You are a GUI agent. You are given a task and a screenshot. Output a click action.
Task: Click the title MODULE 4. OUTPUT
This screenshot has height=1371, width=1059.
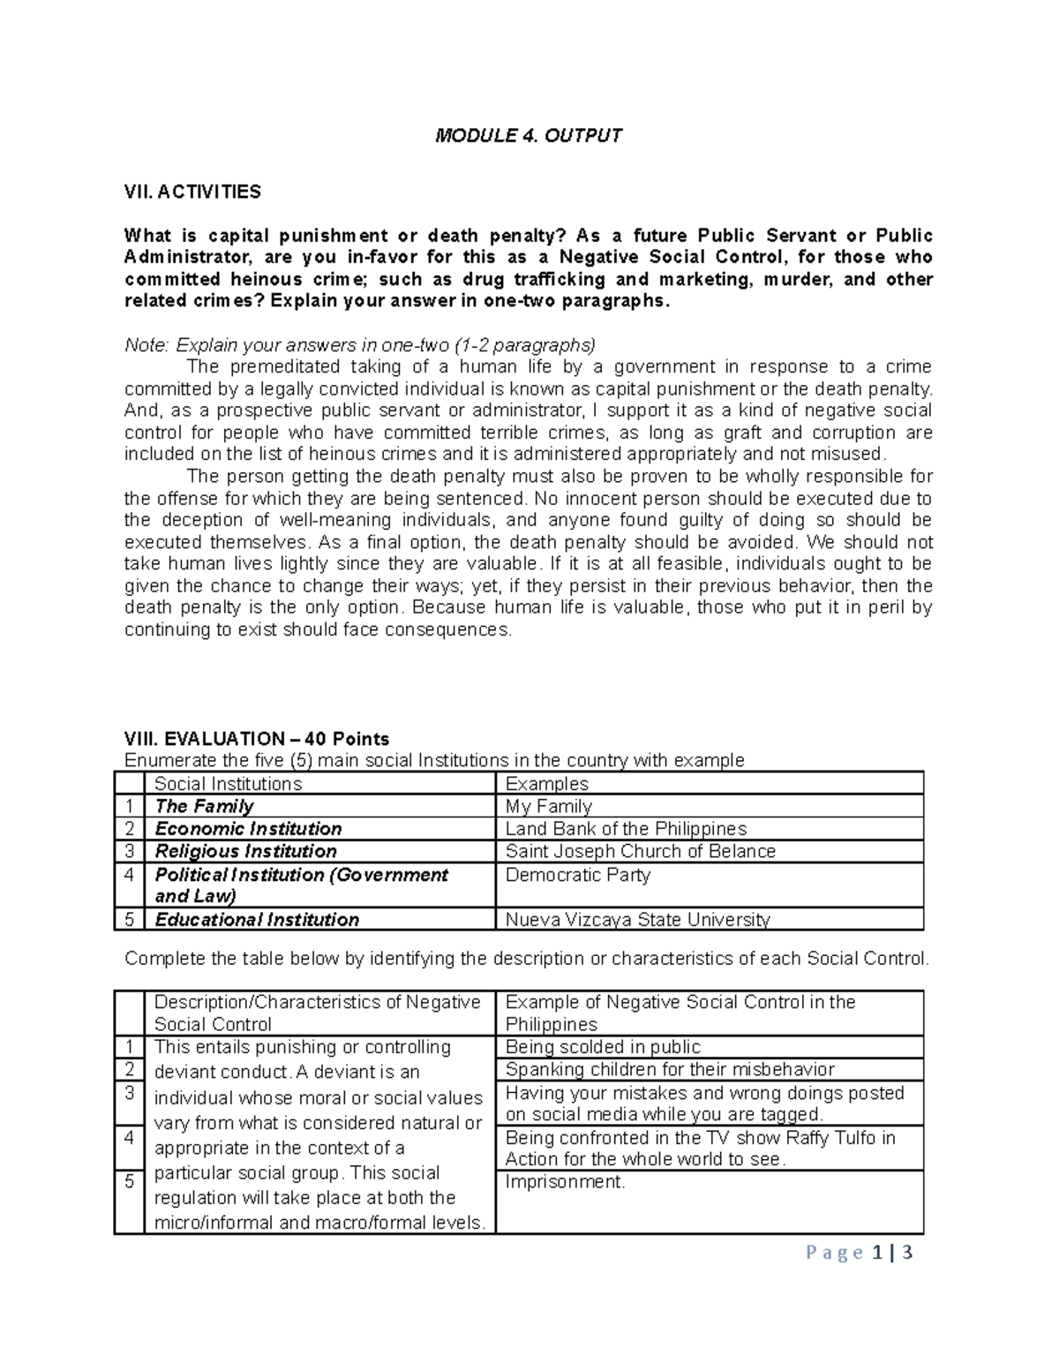pos(529,135)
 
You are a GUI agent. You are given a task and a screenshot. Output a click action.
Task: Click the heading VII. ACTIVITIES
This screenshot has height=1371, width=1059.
pos(192,192)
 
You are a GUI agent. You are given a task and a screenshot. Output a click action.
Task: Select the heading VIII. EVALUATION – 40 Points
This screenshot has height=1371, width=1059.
pos(257,738)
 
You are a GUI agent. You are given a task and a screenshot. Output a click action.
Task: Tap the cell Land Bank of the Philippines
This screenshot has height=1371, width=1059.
pos(626,828)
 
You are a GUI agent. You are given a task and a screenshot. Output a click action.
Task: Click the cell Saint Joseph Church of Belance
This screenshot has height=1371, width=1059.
pos(640,851)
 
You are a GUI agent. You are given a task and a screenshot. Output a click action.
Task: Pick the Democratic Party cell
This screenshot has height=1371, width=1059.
pos(577,875)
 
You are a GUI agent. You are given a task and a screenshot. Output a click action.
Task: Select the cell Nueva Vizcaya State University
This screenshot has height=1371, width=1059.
pos(637,919)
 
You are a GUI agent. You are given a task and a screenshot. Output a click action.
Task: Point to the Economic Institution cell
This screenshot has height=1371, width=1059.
pos(248,828)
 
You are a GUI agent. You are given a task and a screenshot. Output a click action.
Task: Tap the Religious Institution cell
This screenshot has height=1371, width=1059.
pos(245,851)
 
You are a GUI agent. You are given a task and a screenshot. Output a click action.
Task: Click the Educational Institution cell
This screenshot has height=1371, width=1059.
pos(257,919)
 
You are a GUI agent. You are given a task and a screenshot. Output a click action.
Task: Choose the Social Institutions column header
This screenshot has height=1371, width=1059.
pos(228,784)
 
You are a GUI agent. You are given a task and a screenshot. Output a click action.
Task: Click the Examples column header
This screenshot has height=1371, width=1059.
pos(546,784)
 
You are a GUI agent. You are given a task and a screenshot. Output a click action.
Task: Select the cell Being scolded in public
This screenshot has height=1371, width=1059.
pos(603,1047)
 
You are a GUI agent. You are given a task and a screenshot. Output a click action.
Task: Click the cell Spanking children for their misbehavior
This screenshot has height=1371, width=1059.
pos(669,1069)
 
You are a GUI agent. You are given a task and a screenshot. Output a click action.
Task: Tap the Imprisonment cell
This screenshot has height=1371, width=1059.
pos(565,1182)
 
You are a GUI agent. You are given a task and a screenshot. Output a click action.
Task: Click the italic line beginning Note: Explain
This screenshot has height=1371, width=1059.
pos(360,344)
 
